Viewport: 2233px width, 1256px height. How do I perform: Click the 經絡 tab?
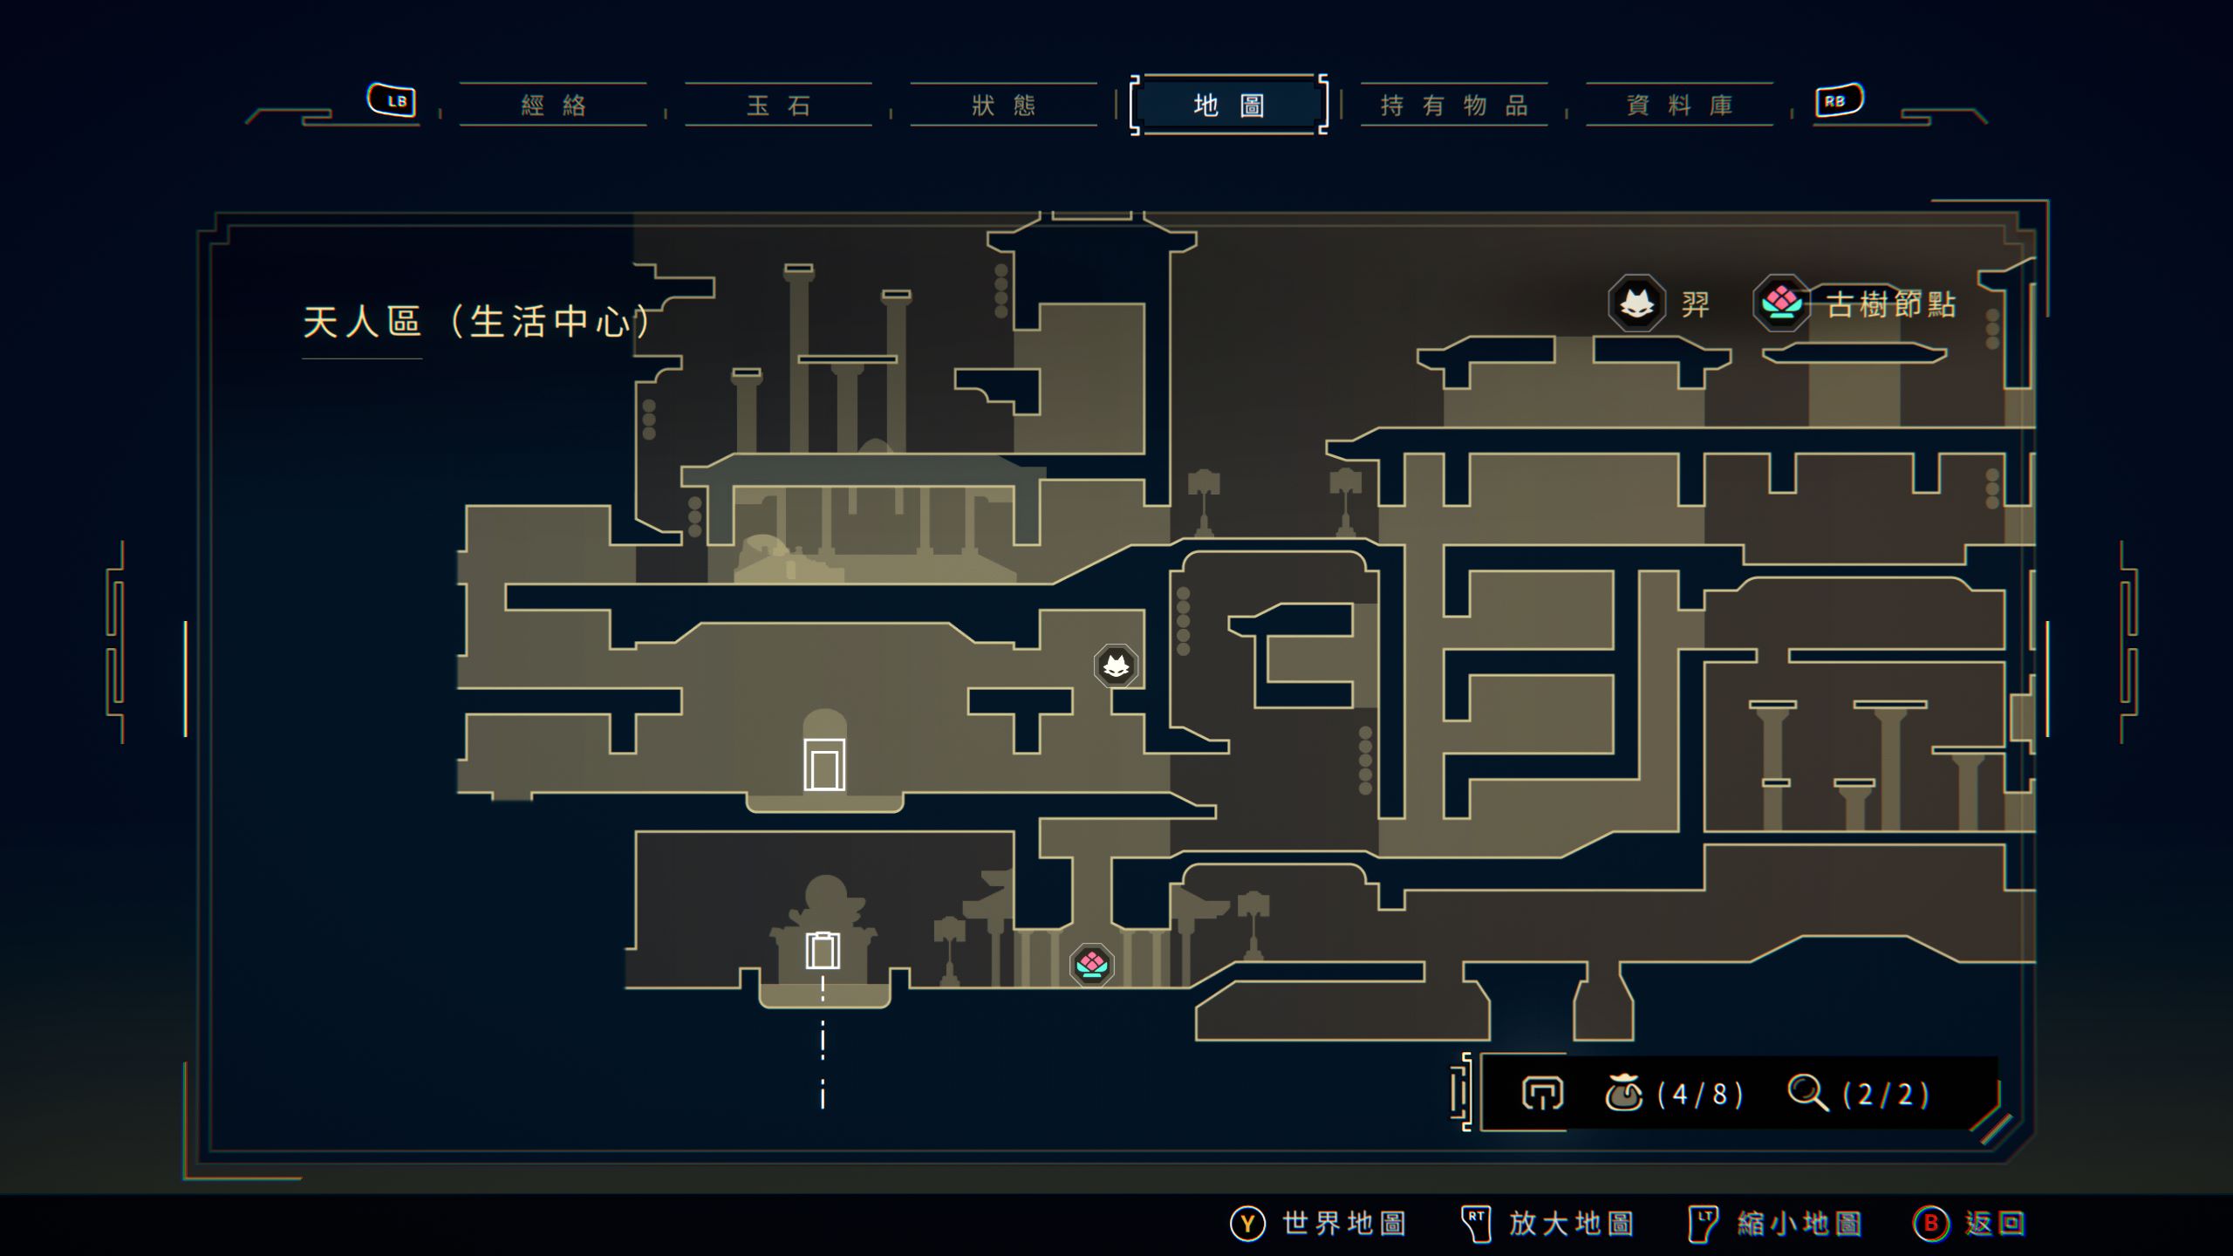point(553,106)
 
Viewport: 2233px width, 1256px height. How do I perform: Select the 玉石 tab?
point(778,106)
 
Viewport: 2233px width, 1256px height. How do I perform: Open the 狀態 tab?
point(1003,106)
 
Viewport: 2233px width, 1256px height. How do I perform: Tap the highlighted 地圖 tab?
point(1228,106)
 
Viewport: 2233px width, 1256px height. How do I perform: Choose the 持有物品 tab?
point(1454,106)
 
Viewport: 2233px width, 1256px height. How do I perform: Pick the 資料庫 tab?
point(1679,106)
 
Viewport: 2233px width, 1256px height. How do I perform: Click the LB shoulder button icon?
point(392,100)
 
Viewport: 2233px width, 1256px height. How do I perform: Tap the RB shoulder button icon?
point(1839,100)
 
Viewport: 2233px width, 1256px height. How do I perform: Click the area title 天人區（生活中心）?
point(476,322)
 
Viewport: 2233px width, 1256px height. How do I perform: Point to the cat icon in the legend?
point(1636,304)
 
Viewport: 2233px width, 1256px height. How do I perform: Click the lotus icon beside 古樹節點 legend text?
point(1781,304)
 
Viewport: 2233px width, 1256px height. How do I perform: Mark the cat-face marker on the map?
point(1116,666)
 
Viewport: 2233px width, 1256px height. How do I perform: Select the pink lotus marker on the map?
point(1091,965)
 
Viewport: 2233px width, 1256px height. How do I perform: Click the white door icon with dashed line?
point(823,951)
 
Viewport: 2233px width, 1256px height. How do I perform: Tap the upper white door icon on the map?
point(824,765)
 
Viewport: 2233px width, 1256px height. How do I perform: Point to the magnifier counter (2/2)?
point(1884,1094)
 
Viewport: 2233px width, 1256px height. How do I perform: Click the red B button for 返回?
point(1930,1224)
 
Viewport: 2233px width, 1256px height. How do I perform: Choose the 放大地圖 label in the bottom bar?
point(1571,1224)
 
